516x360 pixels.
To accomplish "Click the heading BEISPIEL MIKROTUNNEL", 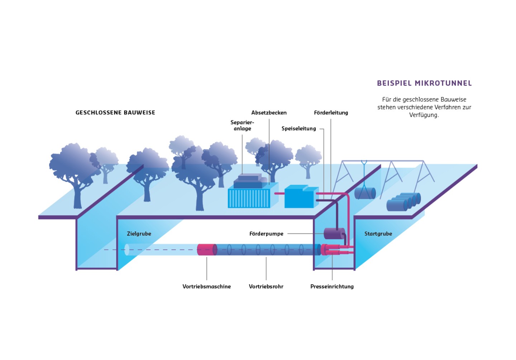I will [424, 83].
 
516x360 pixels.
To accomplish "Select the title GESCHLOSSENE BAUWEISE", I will [115, 112].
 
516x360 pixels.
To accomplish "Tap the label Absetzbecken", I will [269, 112].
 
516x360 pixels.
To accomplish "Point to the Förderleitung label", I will [331, 112].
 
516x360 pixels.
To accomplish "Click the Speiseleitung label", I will [298, 129].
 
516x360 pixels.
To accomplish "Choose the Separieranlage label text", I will [242, 125].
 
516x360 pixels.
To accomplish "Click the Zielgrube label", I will [139, 234].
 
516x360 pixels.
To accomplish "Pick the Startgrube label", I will [378, 234].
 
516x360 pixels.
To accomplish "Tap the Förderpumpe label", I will [266, 234].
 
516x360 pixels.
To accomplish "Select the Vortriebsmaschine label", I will [206, 287].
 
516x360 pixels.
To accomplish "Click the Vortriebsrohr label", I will [266, 287].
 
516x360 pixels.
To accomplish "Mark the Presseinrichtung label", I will [332, 287].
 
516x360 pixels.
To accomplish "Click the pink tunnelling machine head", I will [207, 249].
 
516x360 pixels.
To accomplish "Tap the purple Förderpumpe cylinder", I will [334, 234].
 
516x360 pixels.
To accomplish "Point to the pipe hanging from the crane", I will [365, 193].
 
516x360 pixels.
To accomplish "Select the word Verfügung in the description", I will [424, 115].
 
